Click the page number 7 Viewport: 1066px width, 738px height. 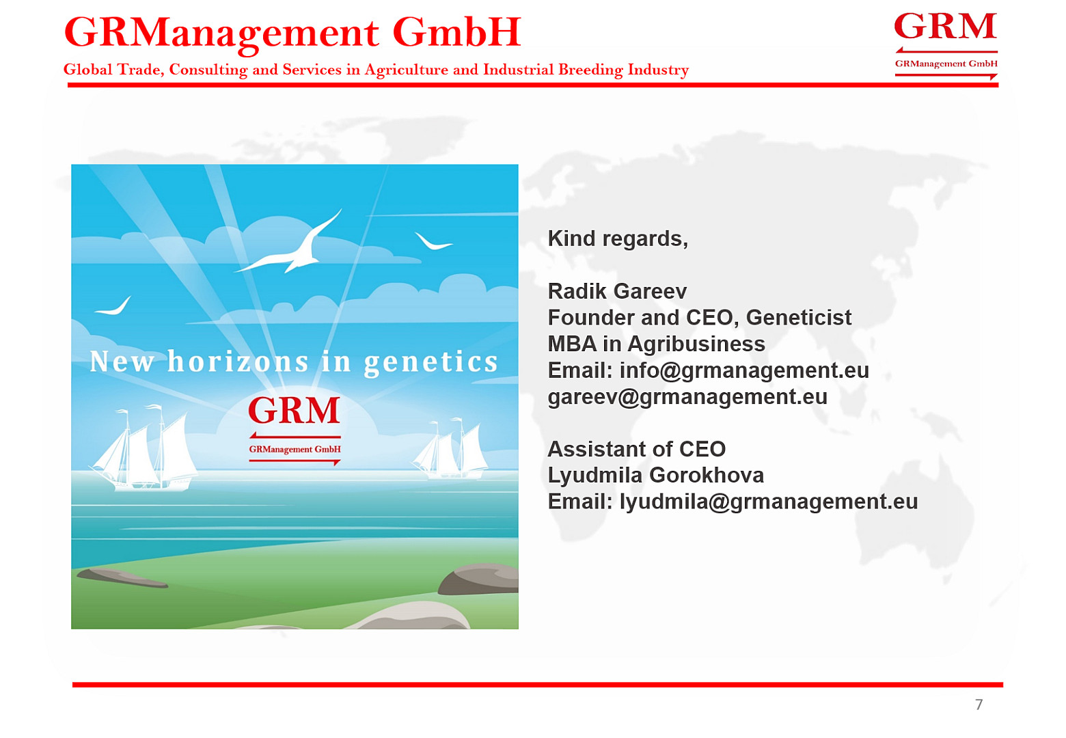(x=979, y=705)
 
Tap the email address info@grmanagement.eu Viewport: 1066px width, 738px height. (x=744, y=370)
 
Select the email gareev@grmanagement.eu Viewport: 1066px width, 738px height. (x=687, y=397)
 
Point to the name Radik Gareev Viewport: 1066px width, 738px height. (x=617, y=291)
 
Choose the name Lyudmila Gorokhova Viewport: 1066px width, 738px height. (x=656, y=476)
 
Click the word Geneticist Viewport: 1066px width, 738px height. (x=799, y=318)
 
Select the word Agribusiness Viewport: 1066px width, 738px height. (x=696, y=344)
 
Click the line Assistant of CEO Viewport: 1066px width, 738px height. (x=637, y=449)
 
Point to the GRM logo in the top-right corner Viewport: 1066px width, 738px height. (x=946, y=46)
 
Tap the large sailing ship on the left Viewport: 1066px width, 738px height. (x=143, y=450)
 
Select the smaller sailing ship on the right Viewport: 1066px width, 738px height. (x=450, y=450)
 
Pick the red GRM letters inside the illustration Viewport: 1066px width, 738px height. (x=294, y=410)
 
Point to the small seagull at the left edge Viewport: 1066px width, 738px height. (x=113, y=306)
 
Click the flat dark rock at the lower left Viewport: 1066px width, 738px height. (x=122, y=578)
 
